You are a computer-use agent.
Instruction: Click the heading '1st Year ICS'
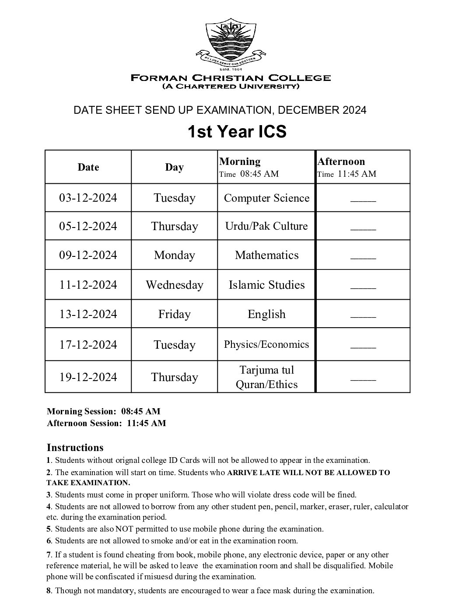(x=237, y=131)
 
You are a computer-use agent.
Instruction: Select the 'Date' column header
(x=88, y=167)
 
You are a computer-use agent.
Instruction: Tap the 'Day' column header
(x=174, y=167)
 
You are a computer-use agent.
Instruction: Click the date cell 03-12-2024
(x=88, y=198)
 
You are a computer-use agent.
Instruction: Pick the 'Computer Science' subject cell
(x=266, y=198)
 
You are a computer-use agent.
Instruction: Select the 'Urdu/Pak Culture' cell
(x=266, y=226)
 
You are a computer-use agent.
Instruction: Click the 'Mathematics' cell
(x=266, y=255)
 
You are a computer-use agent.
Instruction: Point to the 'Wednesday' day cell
(x=174, y=285)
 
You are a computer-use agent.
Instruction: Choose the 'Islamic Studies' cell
(x=266, y=285)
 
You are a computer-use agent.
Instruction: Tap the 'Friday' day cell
(x=174, y=314)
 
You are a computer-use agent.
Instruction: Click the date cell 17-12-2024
(x=88, y=345)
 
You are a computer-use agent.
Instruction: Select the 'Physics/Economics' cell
(x=266, y=344)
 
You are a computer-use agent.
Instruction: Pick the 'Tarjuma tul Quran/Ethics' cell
(x=266, y=377)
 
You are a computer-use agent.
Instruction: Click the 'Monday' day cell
(x=174, y=255)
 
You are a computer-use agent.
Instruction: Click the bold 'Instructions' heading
(x=75, y=448)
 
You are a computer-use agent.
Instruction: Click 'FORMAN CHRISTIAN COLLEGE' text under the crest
(x=231, y=78)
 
